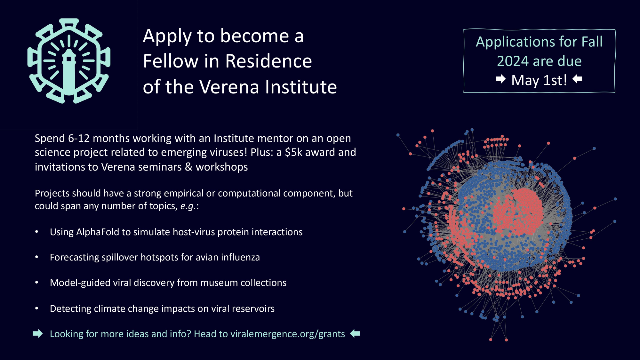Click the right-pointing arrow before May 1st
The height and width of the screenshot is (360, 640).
pos(501,79)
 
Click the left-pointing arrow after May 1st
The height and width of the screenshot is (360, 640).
pos(577,79)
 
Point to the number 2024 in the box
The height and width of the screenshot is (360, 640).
pos(513,61)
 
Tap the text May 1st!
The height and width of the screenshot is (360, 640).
pos(539,80)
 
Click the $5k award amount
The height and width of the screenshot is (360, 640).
pos(293,152)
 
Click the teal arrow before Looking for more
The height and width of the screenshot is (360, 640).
pos(38,334)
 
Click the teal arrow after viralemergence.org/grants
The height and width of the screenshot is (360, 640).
pos(355,334)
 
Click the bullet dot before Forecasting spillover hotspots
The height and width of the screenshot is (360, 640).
pos(37,257)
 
